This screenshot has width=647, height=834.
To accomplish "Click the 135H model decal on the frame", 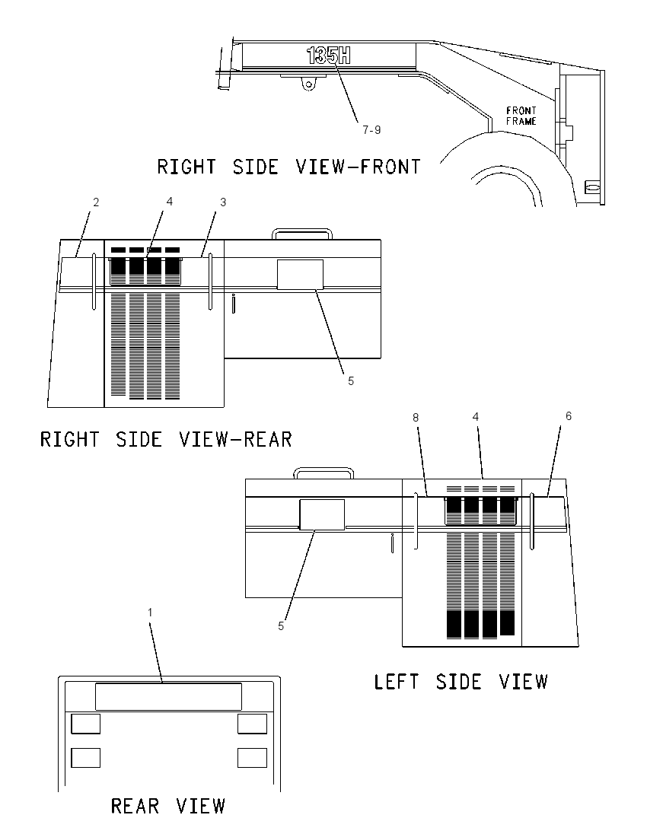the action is (x=328, y=56).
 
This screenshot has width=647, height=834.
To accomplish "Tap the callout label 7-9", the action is (x=371, y=130).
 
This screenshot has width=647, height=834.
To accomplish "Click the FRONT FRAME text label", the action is (x=521, y=116).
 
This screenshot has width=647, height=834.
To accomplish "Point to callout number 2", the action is (x=96, y=202).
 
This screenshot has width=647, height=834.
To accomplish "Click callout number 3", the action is (x=223, y=202).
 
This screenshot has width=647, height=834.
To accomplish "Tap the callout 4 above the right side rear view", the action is (x=169, y=201).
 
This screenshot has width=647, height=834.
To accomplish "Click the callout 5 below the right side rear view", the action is (x=351, y=380).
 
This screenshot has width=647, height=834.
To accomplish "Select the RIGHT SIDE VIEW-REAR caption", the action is (x=166, y=440).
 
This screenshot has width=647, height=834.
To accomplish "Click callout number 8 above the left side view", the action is (x=416, y=418).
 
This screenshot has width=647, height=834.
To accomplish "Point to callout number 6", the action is (x=569, y=416).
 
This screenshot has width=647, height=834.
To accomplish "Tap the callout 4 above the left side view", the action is (x=476, y=417).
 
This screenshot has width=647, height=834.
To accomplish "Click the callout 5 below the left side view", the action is (x=281, y=626).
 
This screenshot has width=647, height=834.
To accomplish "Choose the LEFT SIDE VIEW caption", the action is (x=461, y=682).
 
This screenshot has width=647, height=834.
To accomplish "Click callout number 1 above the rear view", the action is (x=150, y=613).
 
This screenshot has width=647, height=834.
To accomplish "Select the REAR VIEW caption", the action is (x=168, y=807).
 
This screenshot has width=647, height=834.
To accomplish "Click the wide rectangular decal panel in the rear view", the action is (x=168, y=697).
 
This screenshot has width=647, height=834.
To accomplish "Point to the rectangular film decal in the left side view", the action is (x=322, y=514).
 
